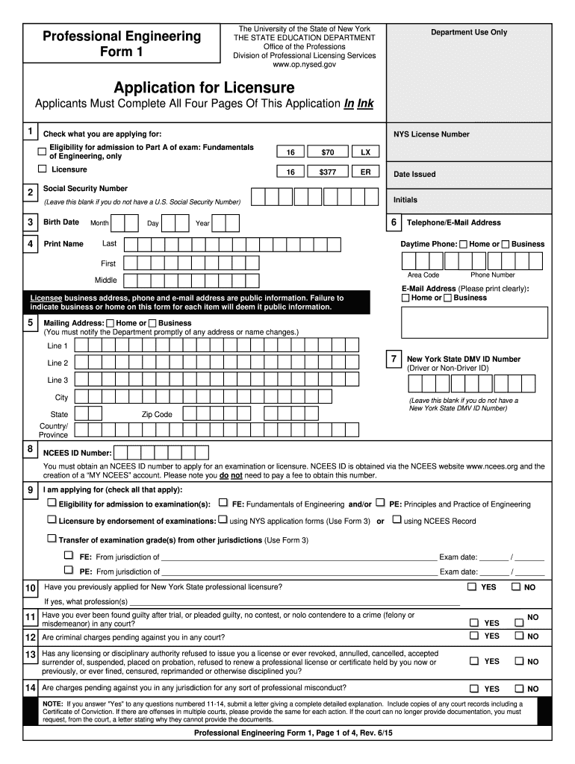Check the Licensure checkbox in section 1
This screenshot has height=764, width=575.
(x=43, y=169)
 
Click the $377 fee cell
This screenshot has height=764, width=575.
(x=328, y=172)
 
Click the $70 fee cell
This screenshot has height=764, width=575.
(x=328, y=152)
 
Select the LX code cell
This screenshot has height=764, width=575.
(x=365, y=152)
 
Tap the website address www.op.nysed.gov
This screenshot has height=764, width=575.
(x=304, y=65)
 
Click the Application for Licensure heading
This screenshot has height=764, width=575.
(x=204, y=88)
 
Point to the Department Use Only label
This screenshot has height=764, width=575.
(x=468, y=32)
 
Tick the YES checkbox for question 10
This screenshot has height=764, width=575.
(x=472, y=586)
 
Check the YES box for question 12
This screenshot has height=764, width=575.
(x=473, y=636)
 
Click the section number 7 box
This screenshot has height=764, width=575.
(x=393, y=360)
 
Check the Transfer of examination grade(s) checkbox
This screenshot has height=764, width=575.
(x=52, y=538)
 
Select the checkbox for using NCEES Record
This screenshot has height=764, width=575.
(x=397, y=520)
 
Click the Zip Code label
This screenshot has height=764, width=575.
(x=157, y=414)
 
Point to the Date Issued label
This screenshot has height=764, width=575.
(x=414, y=174)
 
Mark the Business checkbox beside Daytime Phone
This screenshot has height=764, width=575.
(x=506, y=244)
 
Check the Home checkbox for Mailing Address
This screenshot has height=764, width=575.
(x=111, y=323)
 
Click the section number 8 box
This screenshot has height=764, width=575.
(x=30, y=449)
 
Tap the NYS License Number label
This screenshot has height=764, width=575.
(x=432, y=134)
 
